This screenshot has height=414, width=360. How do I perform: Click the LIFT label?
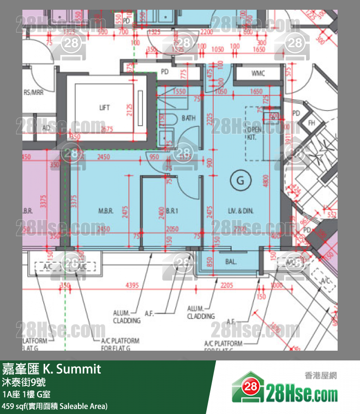tap(104, 108)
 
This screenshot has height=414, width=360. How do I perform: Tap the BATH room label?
tap(188, 118)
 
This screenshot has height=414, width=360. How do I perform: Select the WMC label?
tap(258, 74)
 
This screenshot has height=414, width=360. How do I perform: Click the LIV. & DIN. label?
tap(241, 211)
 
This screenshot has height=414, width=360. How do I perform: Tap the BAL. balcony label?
tap(231, 262)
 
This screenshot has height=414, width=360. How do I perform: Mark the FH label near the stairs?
tap(311, 123)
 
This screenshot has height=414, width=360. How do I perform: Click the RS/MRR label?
tap(33, 93)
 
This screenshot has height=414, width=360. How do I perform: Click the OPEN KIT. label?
tap(254, 133)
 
